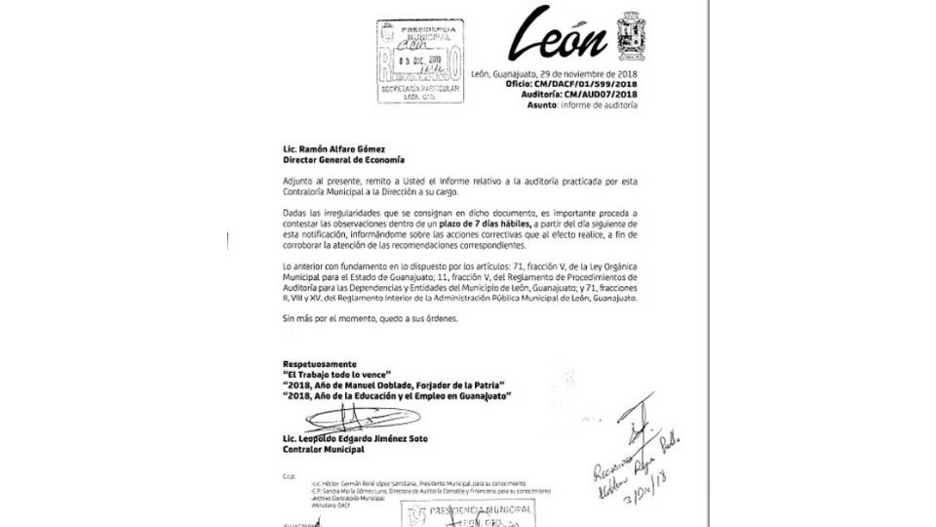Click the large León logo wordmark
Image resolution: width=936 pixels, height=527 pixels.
coord(564,35)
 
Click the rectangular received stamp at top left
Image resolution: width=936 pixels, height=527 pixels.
coord(414,59)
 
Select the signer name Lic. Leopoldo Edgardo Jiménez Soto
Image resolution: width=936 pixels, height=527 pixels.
coord(363,440)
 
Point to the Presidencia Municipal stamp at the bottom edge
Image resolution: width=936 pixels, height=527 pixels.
coord(458,513)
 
